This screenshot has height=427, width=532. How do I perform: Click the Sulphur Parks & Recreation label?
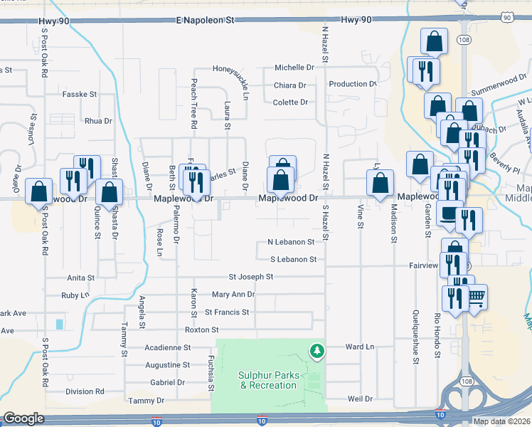[x=268, y=380]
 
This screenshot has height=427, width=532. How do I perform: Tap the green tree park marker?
[x=317, y=351]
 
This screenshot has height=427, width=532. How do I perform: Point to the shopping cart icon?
[x=476, y=296]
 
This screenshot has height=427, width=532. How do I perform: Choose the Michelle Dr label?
[x=294, y=68]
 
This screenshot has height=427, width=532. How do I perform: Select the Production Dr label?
[x=352, y=84]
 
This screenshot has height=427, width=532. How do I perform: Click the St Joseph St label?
[x=250, y=276]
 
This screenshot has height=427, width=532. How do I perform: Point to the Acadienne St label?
[x=169, y=348]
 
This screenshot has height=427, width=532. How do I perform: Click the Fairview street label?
[x=422, y=265]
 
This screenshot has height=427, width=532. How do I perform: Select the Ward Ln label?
[x=359, y=347]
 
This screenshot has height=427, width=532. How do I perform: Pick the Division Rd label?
[x=85, y=391]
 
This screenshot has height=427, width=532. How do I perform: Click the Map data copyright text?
[x=501, y=421]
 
